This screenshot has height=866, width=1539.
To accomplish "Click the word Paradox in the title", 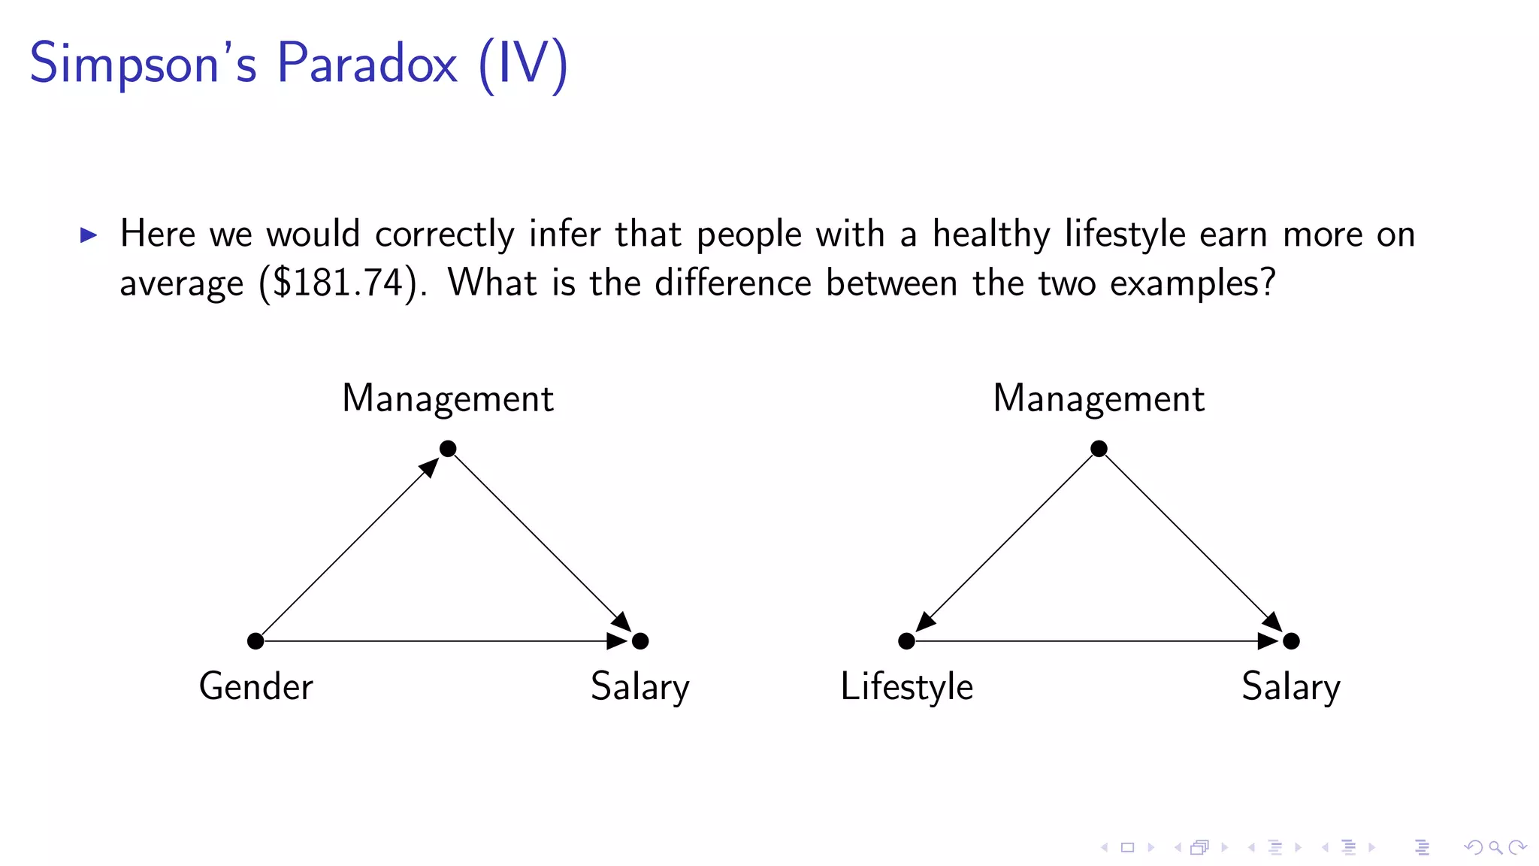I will pyautogui.click(x=367, y=63).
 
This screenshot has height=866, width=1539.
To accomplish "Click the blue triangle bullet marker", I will pyautogui.click(x=89, y=235).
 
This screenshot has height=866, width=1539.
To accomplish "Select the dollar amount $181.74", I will pyautogui.click(x=337, y=283).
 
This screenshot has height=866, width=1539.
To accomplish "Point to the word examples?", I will pyautogui.click(x=1193, y=283).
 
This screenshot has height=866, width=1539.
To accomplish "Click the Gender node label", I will pyautogui.click(x=255, y=686).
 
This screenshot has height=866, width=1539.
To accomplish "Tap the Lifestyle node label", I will pyautogui.click(x=906, y=686).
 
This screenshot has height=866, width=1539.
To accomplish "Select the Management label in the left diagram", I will pyautogui.click(x=448, y=398).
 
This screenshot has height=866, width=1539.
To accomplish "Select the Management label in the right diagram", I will pyautogui.click(x=1099, y=398).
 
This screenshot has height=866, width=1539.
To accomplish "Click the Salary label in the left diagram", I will pyautogui.click(x=639, y=686).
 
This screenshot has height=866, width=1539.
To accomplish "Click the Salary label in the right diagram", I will pyautogui.click(x=1290, y=686).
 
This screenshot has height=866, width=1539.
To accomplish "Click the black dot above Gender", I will pyautogui.click(x=255, y=641).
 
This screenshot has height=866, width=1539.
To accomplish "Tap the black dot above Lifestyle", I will pyautogui.click(x=906, y=641).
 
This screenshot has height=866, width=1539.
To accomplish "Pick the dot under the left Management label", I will pyautogui.click(x=448, y=449).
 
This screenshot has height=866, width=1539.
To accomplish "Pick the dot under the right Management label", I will pyautogui.click(x=1099, y=449).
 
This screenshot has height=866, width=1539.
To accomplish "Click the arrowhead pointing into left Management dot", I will pyautogui.click(x=430, y=467).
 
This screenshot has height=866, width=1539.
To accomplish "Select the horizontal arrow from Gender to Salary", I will pyautogui.click(x=436, y=641).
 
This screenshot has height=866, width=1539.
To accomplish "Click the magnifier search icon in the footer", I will pyautogui.click(x=1495, y=847).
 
